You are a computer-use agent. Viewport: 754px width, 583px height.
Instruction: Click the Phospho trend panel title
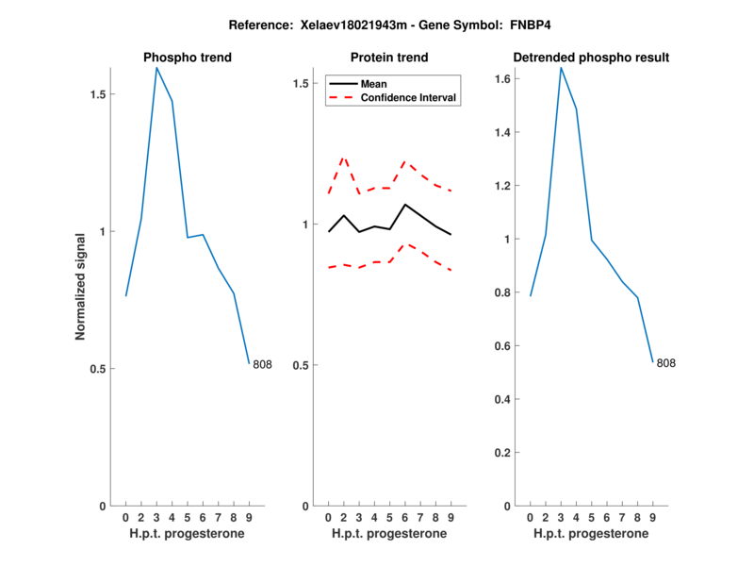click(187, 58)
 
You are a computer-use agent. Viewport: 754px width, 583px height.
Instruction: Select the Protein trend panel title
click(388, 58)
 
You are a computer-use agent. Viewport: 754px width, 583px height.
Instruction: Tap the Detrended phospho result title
click(591, 58)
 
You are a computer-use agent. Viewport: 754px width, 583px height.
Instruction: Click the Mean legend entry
click(374, 83)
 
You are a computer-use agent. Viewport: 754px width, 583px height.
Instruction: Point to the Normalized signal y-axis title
click(81, 287)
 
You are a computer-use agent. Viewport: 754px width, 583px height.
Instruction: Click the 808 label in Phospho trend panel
click(262, 364)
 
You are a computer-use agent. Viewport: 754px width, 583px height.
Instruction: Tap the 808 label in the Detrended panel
click(666, 363)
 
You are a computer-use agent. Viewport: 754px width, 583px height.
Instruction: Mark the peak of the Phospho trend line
click(156, 68)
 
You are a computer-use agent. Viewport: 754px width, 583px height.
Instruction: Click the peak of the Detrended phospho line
click(561, 68)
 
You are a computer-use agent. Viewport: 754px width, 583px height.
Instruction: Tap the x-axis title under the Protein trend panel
click(388, 534)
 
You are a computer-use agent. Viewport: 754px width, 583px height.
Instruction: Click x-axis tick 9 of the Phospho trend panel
click(249, 517)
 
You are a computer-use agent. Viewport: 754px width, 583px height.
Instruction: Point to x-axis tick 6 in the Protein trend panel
click(404, 517)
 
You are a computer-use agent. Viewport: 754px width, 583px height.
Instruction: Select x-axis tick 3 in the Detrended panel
click(561, 517)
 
